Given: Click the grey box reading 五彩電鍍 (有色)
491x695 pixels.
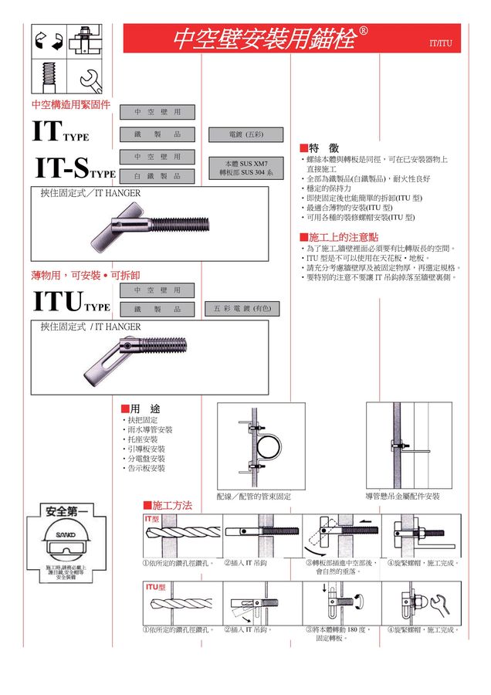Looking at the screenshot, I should pos(242,309).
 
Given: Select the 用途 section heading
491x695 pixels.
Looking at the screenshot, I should pos(141,408).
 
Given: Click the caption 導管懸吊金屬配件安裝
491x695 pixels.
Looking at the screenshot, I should pos(402,496).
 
